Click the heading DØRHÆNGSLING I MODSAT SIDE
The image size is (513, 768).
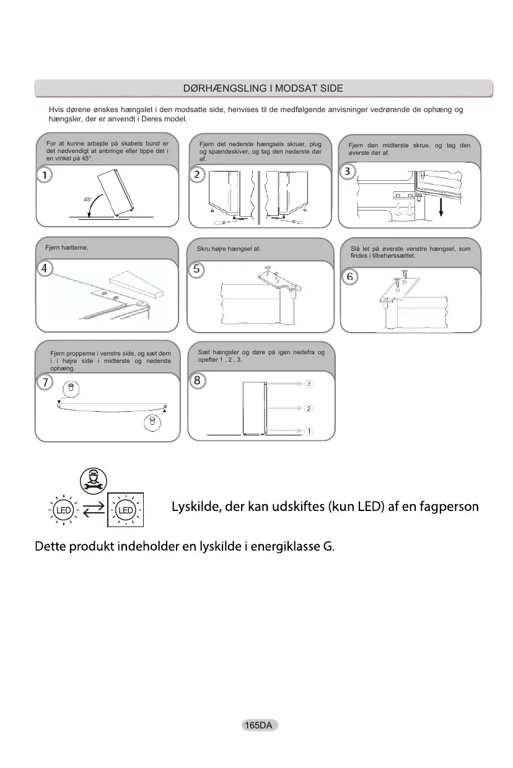click(x=263, y=88)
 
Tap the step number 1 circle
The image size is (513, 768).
click(x=43, y=175)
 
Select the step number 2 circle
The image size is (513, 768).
click(x=196, y=175)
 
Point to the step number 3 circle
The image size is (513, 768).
click(x=349, y=170)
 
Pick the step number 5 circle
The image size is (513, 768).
click(x=196, y=269)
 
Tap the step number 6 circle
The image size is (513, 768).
click(x=350, y=276)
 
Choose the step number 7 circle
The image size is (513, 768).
click(x=44, y=382)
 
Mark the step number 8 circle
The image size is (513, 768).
click(x=196, y=381)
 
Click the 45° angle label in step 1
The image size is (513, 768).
click(x=88, y=199)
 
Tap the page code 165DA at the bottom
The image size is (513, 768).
click(x=259, y=725)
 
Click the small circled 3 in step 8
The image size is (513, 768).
click(x=309, y=384)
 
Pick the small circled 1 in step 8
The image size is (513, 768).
click(x=309, y=430)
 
